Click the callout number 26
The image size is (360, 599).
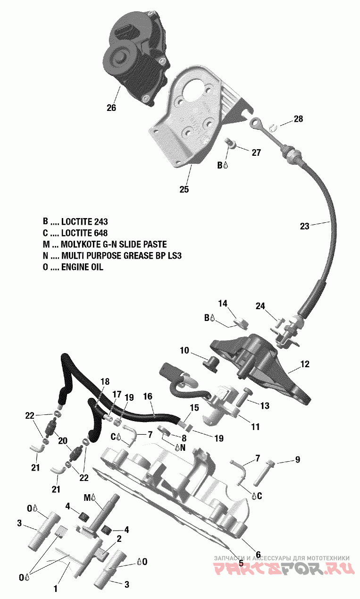point(111,108)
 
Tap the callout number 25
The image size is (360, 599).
point(184,189)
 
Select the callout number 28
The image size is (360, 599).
point(298,119)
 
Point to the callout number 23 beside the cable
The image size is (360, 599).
point(305,226)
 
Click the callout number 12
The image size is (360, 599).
point(305,364)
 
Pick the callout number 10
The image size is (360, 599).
point(184,350)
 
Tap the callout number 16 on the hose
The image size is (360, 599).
point(148,397)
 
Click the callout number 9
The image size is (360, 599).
point(297,459)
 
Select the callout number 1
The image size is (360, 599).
point(56,588)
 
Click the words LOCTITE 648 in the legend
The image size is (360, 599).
point(84,233)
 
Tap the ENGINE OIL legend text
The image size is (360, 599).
point(82,267)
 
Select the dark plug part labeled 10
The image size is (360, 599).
point(212,363)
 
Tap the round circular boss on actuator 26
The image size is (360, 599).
point(118,57)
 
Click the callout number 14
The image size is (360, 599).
point(222,304)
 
